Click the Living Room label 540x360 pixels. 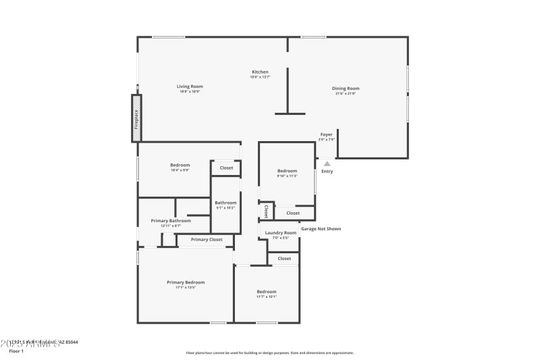(190, 86)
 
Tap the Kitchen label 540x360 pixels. (260, 72)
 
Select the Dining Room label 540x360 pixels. (345, 88)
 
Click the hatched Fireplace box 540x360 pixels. (136, 119)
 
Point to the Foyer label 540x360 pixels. (326, 135)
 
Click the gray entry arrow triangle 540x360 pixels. (327, 163)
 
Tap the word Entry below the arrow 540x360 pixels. (327, 172)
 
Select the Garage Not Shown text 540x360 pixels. (321, 229)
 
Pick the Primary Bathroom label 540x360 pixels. (171, 220)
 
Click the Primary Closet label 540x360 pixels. (207, 240)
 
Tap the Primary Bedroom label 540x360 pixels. (186, 282)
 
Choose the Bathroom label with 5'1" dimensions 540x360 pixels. (225, 203)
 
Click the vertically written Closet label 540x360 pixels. (266, 211)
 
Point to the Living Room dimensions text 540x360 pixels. (190, 92)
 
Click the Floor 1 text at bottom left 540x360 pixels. (16, 351)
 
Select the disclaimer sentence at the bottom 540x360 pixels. (269, 353)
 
